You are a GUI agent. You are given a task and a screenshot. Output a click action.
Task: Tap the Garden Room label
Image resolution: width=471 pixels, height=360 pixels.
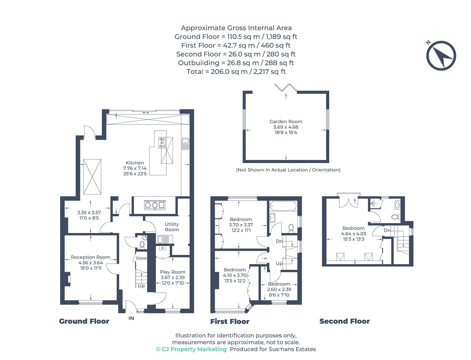[286, 122]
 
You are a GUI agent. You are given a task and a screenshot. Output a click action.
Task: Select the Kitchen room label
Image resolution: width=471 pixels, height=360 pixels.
[135, 163]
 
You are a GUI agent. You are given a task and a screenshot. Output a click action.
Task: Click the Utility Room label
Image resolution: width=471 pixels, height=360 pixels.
[172, 227]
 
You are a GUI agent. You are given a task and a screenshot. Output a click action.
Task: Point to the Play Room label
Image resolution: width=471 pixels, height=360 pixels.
[172, 272]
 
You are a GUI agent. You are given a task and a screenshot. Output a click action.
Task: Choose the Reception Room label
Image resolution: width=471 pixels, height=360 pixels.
[90, 257]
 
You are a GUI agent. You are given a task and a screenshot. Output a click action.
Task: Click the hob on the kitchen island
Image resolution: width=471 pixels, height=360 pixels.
[162, 142]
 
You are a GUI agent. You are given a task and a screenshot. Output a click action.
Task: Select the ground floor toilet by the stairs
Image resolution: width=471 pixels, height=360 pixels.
[142, 244]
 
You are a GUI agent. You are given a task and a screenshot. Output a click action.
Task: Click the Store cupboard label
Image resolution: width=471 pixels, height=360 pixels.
[141, 258]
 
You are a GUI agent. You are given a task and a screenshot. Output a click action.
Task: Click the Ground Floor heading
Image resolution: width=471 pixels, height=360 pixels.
[84, 321]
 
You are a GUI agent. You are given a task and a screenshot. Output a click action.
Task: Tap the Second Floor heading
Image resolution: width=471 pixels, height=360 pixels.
[344, 321]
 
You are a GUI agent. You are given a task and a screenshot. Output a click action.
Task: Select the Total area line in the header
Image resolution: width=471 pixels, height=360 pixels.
[236, 72]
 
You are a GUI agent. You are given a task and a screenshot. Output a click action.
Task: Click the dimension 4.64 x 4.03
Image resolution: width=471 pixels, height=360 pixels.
[353, 234]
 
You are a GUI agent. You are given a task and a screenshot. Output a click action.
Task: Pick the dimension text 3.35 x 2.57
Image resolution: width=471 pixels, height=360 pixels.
[89, 212]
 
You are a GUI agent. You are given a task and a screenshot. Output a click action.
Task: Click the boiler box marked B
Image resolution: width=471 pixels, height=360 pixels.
[163, 248]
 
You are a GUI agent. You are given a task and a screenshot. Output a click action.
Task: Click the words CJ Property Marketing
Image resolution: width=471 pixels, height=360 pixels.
[194, 349]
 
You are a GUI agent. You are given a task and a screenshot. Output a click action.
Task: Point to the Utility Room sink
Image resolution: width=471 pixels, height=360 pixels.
[163, 239]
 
